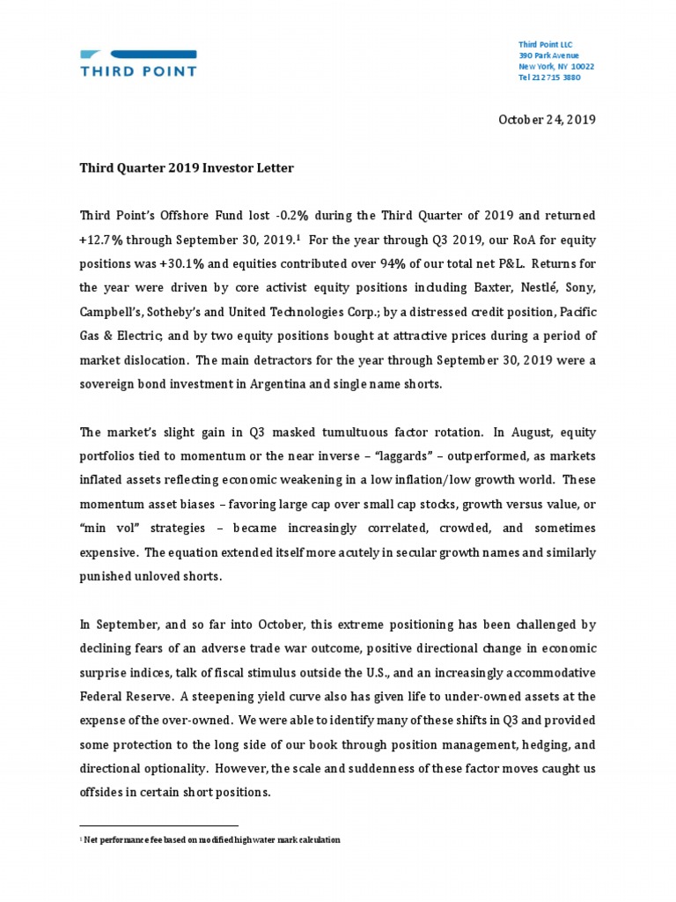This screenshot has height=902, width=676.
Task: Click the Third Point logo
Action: click(x=137, y=59)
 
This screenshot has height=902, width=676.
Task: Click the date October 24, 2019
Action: click(x=547, y=120)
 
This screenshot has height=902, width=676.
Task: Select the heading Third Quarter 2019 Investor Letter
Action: click(x=187, y=167)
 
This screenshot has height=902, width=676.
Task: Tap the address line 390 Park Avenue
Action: click(x=548, y=55)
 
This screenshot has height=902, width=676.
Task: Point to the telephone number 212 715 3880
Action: click(x=554, y=78)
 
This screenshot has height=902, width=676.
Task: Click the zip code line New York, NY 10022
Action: click(x=555, y=67)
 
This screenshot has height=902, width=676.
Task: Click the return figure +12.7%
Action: click(x=106, y=239)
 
